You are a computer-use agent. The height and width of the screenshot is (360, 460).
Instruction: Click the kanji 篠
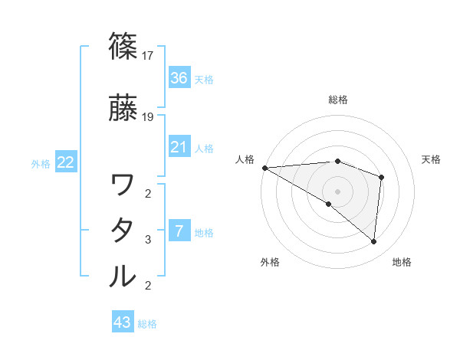coord(123,47)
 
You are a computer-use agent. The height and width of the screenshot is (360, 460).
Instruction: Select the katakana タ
coord(123,231)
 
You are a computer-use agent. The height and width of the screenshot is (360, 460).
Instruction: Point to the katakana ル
coord(123,277)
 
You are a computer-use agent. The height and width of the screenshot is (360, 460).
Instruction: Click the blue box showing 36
coord(179,77)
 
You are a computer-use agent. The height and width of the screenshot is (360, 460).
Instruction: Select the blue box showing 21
coord(179,146)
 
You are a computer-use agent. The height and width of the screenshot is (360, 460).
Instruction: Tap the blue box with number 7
coord(179,231)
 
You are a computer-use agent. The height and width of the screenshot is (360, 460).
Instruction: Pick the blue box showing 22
coord(66,162)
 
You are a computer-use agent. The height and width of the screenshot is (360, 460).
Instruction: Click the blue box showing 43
coord(123,322)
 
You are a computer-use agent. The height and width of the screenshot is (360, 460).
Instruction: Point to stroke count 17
coord(149,56)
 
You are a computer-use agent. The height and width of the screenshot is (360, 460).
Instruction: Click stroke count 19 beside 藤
coord(149,117)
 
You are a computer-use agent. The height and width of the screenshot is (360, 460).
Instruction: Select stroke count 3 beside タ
coord(148,240)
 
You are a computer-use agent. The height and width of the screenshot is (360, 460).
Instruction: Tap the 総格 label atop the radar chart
coord(338,100)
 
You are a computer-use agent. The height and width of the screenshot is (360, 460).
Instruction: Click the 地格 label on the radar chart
coord(402,262)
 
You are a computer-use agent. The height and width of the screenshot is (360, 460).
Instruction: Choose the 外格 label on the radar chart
coord(270,262)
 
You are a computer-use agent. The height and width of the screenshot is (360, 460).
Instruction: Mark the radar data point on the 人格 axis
coord(264,168)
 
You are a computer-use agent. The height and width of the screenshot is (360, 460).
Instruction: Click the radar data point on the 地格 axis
coord(374,242)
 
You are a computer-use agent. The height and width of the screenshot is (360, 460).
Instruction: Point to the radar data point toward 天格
coord(381,178)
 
